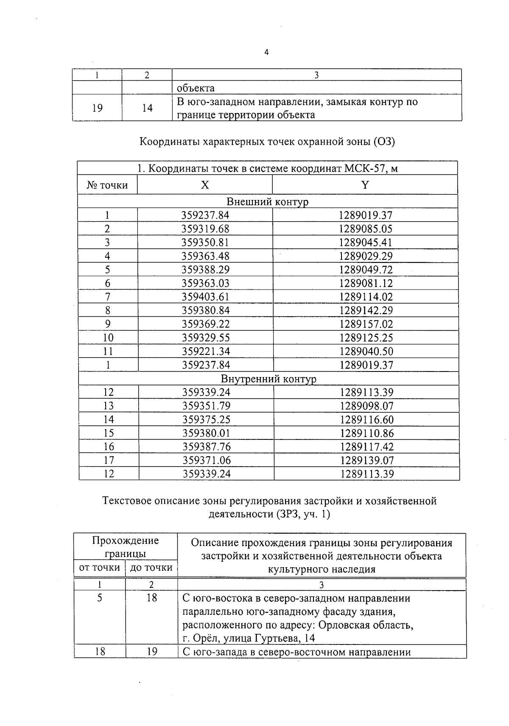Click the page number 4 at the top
coord(266,53)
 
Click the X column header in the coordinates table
coord(205,185)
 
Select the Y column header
coord(365,185)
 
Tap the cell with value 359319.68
coord(205,229)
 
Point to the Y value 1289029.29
coord(366,256)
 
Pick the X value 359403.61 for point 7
coord(206,297)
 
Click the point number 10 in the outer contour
coord(108,338)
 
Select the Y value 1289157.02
coord(366,324)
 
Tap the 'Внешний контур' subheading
coord(267,201)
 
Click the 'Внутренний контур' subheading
coord(268,378)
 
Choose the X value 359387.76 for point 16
coord(207,447)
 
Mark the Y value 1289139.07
coord(367,460)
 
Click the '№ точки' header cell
coord(107,185)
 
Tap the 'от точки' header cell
coord(100,568)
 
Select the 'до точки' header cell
coord(151,568)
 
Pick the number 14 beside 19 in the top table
coord(147,108)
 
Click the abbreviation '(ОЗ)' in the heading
coord(384,141)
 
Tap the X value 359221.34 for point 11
coord(206,351)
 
